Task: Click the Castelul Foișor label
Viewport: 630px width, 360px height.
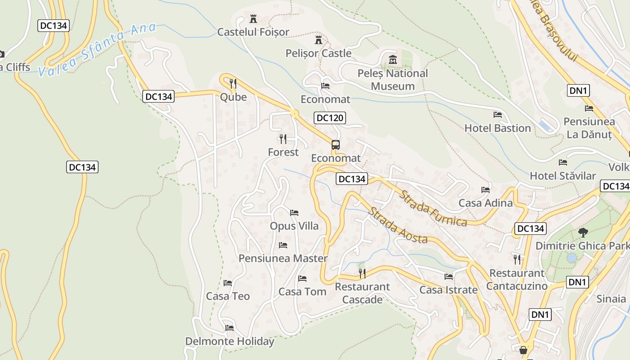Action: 253,32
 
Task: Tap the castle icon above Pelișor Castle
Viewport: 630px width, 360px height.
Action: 319,40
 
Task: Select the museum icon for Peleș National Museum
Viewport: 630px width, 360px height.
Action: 392,59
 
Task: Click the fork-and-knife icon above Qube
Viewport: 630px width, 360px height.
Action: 233,84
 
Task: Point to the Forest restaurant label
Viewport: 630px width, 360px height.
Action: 283,152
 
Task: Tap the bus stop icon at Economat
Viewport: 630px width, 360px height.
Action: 336,145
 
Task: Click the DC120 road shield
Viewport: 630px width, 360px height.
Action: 329,118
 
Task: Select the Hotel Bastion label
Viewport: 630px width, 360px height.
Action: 498,128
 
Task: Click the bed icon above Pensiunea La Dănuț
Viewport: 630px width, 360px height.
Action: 589,108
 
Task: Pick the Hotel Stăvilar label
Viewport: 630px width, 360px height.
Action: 562,175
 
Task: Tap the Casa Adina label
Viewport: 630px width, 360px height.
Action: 486,203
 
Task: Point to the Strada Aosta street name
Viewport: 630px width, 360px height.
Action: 397,225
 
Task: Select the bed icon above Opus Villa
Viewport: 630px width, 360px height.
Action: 294,212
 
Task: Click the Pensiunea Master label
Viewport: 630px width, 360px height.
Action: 283,258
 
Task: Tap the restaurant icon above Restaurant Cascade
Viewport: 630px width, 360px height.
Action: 362,273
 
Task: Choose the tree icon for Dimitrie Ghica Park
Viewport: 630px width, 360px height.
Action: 583,233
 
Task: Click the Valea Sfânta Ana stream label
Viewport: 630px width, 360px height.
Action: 97,49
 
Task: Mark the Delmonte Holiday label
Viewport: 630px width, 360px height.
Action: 229,341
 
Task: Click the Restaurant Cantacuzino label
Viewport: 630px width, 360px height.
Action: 517,279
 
